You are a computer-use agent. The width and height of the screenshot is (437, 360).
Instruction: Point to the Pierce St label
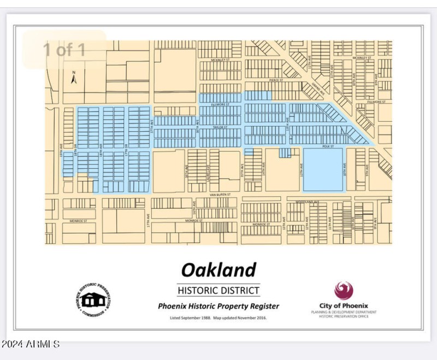tap(275, 80)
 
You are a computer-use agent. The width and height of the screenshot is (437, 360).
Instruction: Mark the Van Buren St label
tap(220, 194)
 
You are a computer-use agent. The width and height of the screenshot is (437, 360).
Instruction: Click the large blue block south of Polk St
tap(323, 169)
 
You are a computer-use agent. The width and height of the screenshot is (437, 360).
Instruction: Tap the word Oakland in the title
tap(218, 270)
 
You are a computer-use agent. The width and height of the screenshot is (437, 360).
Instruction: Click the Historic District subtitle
tap(218, 290)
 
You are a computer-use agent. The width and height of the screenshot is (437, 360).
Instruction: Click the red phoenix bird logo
tap(344, 290)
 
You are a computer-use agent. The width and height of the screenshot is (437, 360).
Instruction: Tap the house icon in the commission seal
tap(94, 299)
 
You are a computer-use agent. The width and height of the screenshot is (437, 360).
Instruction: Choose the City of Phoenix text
tap(344, 305)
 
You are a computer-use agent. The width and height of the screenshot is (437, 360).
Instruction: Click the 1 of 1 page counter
tap(64, 50)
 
